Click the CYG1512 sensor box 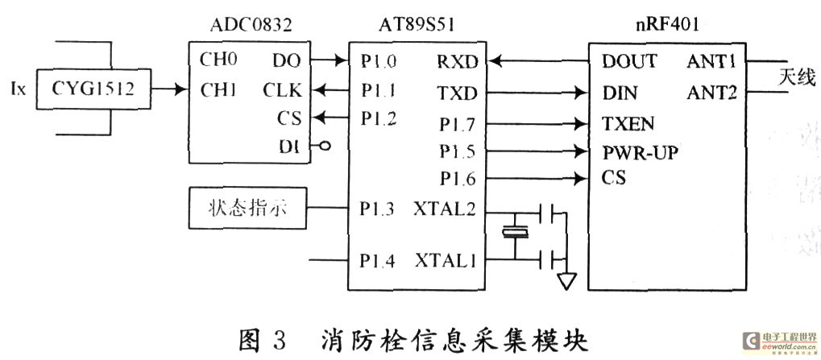(93, 89)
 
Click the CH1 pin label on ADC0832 (218, 90)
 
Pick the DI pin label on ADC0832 (289, 147)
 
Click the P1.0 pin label (379, 62)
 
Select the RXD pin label (458, 62)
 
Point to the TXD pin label (458, 93)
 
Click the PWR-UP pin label (640, 153)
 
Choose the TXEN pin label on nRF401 (628, 124)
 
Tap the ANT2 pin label (711, 93)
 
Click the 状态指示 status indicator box (247, 209)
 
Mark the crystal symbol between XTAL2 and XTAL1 (515, 233)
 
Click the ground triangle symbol (566, 281)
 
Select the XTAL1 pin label (446, 260)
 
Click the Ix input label (18, 90)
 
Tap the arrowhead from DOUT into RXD (496, 62)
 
